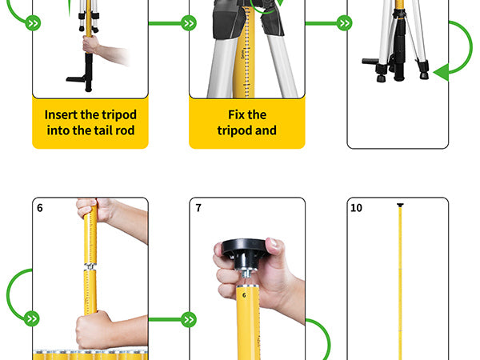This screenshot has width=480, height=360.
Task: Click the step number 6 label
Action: pyautogui.click(x=40, y=208)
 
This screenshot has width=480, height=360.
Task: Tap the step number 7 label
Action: pyautogui.click(x=198, y=208)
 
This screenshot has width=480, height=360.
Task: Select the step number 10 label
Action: pyautogui.click(x=356, y=208)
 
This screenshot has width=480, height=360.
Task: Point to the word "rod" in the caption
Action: pyautogui.click(x=125, y=130)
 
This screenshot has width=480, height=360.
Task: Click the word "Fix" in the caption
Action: pyautogui.click(x=235, y=114)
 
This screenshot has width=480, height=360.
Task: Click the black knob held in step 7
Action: pyautogui.click(x=246, y=254)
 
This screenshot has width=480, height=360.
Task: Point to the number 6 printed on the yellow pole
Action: pyautogui.click(x=244, y=295)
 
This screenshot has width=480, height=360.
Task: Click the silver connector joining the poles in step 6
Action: pyautogui.click(x=90, y=266)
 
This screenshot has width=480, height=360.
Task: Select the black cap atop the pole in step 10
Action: pyautogui.click(x=400, y=205)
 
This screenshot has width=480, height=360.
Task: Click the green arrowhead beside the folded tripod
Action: pyautogui.click(x=442, y=73)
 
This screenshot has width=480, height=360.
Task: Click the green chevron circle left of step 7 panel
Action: pyautogui.click(x=189, y=319)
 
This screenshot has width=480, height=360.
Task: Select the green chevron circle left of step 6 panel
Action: pyautogui.click(x=32, y=318)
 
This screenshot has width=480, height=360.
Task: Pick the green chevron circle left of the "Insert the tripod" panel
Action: pyautogui.click(x=33, y=23)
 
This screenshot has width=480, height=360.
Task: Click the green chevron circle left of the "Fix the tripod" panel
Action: pyautogui.click(x=189, y=23)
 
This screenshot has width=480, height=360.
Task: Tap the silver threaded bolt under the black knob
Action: pyautogui.click(x=246, y=274)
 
